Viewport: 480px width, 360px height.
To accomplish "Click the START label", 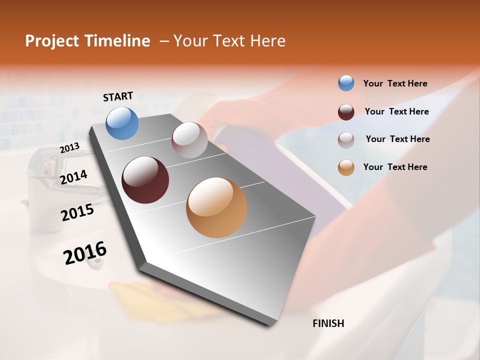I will click(118, 96).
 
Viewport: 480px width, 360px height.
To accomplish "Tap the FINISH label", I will click(328, 323).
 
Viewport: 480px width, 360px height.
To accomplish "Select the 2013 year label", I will click(69, 148).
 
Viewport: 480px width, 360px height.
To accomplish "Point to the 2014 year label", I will click(73, 177).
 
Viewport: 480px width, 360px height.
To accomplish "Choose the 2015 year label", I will click(77, 212).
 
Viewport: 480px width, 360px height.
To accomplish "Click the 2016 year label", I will click(85, 253).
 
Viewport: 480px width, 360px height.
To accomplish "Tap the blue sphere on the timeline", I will click(122, 123).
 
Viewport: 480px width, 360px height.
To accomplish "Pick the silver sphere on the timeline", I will click(189, 140).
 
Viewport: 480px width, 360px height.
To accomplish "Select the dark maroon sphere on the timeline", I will click(145, 180).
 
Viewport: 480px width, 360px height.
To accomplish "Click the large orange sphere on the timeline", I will click(216, 207).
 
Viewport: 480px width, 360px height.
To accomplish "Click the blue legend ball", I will click(346, 83).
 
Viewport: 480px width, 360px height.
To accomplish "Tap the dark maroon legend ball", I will click(346, 112).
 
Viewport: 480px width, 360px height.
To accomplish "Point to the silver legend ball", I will click(346, 139).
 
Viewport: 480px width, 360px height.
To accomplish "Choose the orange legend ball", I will click(346, 167).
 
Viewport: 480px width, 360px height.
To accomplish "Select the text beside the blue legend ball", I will click(395, 83).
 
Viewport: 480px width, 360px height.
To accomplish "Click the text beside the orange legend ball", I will click(395, 167).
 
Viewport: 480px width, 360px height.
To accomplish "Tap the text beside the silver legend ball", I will click(397, 139).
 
